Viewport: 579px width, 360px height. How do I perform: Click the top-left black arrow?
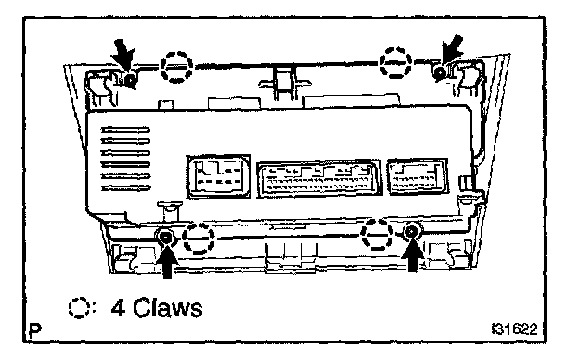click(124, 56)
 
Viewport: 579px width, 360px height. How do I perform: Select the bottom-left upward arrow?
click(167, 261)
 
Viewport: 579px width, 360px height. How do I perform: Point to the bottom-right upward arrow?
click(413, 255)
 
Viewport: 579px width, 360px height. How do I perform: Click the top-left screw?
click(130, 79)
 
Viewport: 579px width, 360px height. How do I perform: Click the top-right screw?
click(440, 72)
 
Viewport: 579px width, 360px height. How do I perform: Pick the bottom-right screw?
click(410, 232)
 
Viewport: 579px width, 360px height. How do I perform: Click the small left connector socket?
click(219, 176)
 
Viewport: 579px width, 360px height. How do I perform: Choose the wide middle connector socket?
click(318, 179)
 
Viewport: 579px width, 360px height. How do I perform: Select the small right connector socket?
click(418, 176)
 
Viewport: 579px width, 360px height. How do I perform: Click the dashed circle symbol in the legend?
click(79, 308)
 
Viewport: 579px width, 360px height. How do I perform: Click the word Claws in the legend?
click(168, 308)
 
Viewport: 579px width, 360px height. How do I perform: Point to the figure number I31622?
click(514, 328)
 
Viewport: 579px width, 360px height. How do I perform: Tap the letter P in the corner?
click(35, 330)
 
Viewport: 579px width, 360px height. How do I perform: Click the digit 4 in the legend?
click(118, 308)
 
